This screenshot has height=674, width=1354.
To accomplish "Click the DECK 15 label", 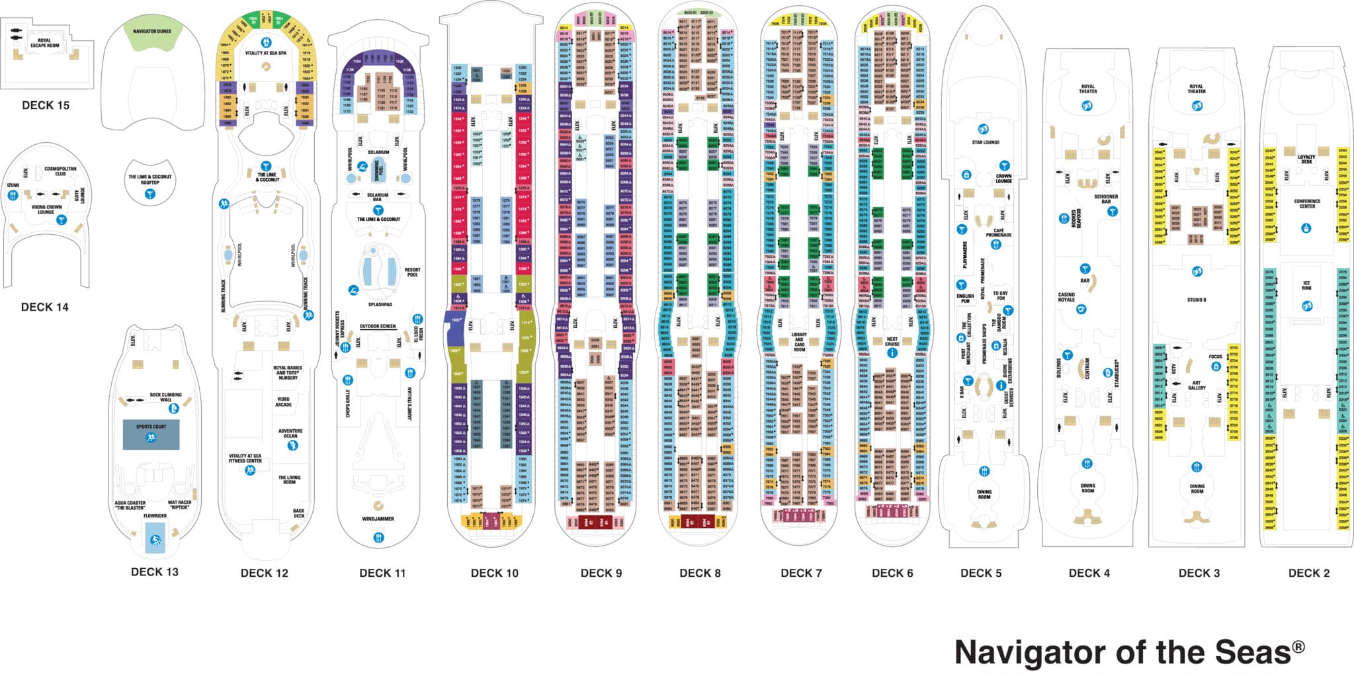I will (46, 106).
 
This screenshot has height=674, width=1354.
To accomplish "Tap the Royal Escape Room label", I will (44, 43).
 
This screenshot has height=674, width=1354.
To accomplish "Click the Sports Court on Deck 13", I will (151, 434).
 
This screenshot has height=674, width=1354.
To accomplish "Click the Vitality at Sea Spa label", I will (265, 53).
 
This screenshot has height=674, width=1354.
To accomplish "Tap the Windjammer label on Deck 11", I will (378, 519).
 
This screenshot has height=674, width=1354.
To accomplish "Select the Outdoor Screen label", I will (378, 326).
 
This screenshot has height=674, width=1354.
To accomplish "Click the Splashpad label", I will (380, 305).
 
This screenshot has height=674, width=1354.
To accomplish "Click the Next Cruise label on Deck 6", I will (892, 341).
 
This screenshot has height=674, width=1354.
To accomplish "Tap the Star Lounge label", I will (986, 142).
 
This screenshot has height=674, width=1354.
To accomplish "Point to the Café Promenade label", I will (998, 233).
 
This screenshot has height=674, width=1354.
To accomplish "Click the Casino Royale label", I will (1066, 297).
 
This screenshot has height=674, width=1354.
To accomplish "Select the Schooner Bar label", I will (1106, 198).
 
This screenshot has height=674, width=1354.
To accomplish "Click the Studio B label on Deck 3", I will (1196, 300).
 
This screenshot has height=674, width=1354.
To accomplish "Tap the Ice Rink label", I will (1306, 286).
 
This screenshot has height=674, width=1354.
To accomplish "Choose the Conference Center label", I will (1307, 204).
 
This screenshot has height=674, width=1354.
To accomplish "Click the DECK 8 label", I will (700, 573).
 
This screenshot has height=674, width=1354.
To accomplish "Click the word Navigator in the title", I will (1033, 652).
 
